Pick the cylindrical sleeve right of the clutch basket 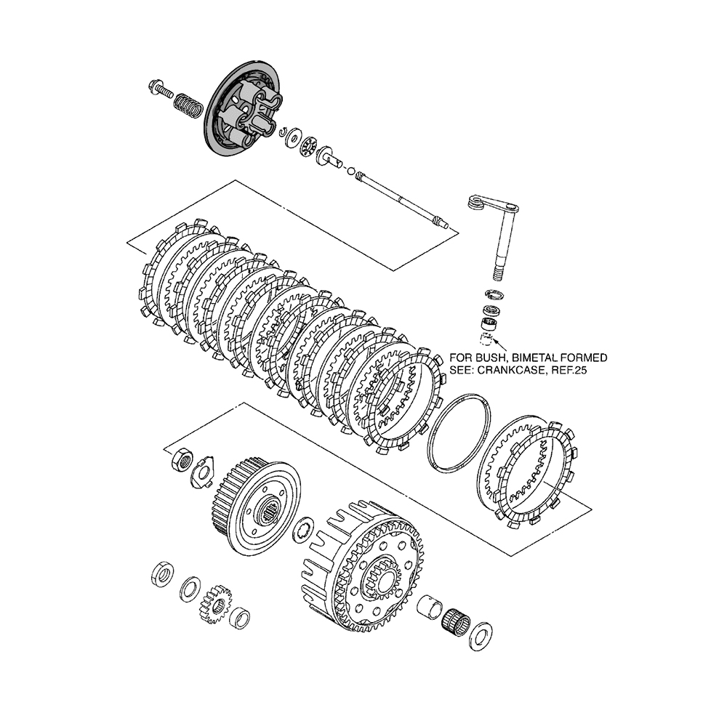[432, 605]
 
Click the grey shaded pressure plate [240, 109]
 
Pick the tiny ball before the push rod [351, 172]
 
